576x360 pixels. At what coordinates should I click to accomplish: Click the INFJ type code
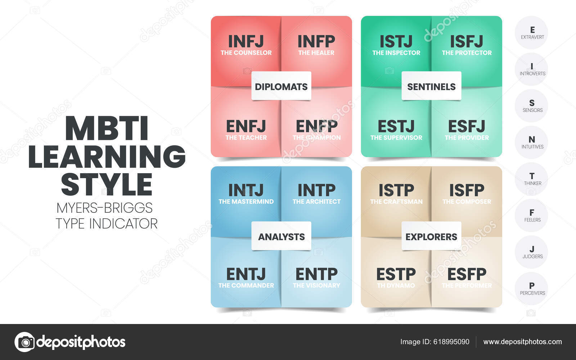point(246,42)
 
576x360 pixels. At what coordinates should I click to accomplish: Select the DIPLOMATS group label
point(281,86)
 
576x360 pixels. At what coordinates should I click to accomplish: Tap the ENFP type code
point(316,126)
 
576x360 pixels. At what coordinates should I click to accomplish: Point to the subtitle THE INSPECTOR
point(396,53)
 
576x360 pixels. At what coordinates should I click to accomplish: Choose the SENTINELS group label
point(431,86)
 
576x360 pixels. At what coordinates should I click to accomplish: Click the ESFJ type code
point(467,126)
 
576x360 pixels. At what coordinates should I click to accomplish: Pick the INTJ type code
point(246,190)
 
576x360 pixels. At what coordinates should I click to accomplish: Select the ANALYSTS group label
point(281,237)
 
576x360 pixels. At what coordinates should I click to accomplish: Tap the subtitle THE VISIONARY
point(316,285)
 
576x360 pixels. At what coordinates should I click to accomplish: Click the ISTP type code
point(396,190)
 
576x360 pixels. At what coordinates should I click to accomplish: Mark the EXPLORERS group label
point(431,237)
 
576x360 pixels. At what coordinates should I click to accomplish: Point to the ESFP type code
point(467,274)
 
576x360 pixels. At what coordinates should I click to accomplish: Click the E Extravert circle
point(531,32)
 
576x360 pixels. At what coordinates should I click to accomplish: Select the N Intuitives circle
point(531,142)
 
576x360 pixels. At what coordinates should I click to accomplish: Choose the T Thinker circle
point(531,179)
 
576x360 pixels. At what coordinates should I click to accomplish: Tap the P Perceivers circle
point(531,288)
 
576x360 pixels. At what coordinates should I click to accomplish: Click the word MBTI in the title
point(107,129)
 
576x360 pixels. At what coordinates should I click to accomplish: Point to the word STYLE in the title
point(107,184)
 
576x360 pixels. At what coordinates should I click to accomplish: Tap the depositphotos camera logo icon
point(25,342)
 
